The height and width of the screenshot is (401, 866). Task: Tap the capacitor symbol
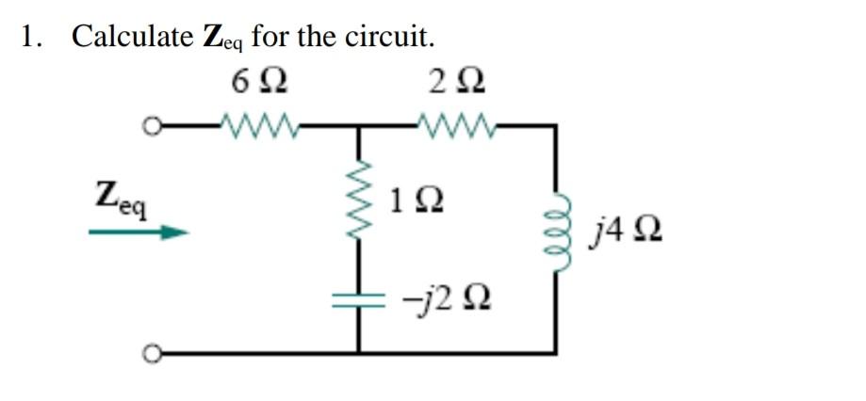358,299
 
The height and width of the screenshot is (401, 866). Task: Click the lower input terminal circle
147,353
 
